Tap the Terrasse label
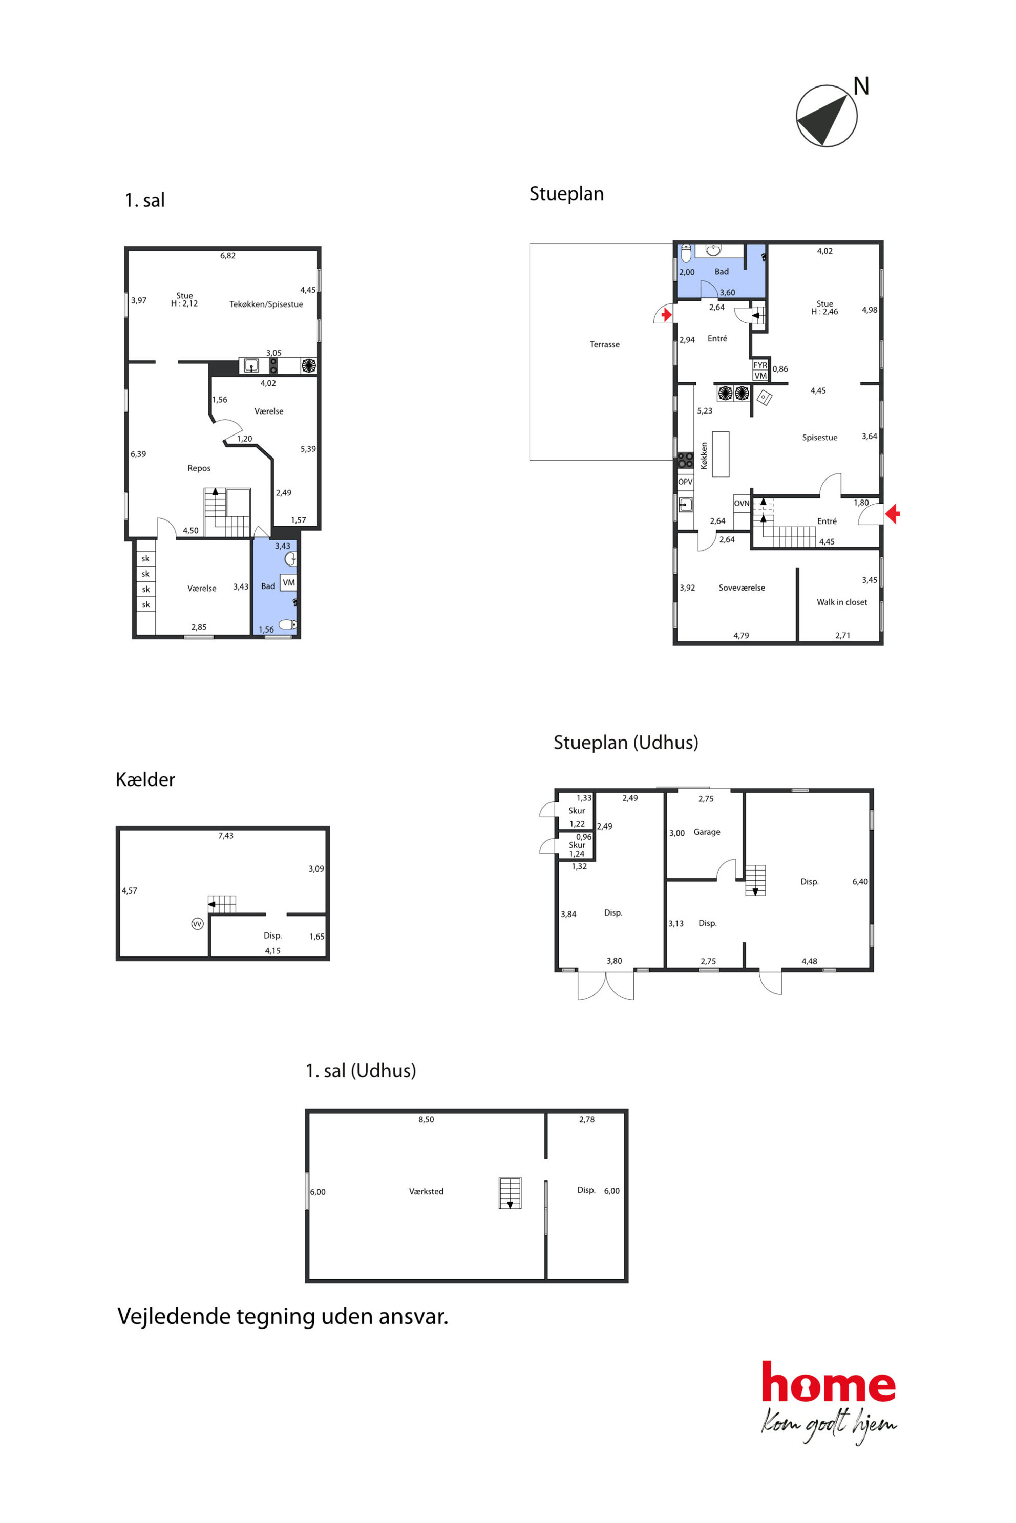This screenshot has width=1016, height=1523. coord(605,344)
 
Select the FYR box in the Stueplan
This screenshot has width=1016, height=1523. coord(760,365)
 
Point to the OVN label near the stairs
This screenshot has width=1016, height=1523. coord(742,503)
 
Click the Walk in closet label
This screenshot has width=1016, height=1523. coord(842,602)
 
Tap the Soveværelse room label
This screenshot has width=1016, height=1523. coord(742,588)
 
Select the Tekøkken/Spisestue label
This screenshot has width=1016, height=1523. coord(266,304)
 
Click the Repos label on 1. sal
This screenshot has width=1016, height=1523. coord(199,468)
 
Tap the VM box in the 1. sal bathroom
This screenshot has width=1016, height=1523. coord(288,582)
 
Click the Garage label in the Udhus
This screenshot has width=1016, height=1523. coord(707,832)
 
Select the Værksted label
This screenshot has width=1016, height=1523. coord(427,1191)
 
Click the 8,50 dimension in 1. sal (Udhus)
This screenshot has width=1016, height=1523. coord(427,1120)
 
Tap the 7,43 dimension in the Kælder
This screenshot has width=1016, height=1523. coord(225,836)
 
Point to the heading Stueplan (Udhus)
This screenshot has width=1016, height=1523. coord(626,743)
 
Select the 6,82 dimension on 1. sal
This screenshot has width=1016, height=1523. coord(227,256)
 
